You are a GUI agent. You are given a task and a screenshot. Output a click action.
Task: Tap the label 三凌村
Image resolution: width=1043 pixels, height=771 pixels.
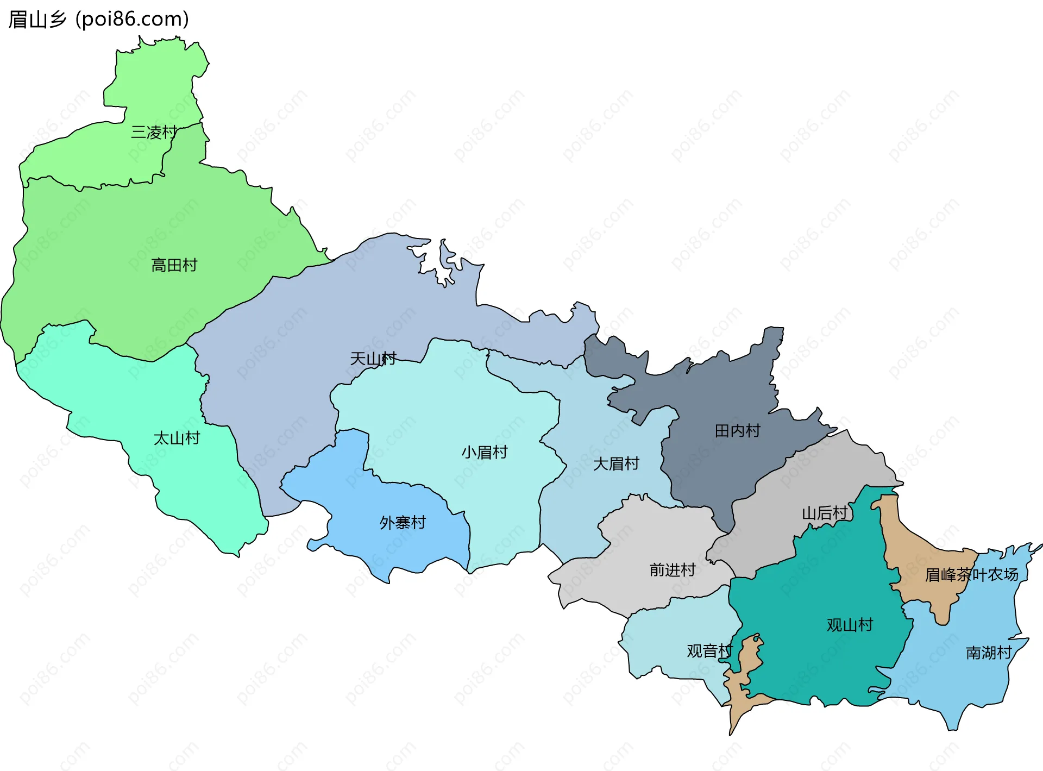click(x=154, y=132)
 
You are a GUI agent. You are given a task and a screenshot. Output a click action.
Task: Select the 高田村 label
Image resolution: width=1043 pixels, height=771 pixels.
click(x=174, y=265)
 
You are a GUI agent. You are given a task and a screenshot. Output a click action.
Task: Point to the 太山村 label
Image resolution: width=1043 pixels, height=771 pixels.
click(x=177, y=438)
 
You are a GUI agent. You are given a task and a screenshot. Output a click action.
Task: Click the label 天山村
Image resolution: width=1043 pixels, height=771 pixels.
click(x=373, y=359)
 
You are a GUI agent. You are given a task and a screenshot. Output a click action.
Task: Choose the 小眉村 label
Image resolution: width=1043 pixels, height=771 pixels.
click(x=484, y=452)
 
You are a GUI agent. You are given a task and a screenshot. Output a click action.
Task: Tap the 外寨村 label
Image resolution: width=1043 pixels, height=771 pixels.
click(x=403, y=523)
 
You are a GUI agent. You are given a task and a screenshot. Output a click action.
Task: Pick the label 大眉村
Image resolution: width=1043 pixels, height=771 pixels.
click(x=616, y=463)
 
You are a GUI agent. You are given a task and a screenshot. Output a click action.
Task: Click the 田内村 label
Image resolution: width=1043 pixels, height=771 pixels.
click(x=737, y=431)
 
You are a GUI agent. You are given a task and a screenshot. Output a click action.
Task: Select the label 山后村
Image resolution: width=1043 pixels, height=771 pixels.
click(x=824, y=513)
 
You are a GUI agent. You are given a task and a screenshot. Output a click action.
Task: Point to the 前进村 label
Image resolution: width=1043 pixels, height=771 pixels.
click(x=672, y=570)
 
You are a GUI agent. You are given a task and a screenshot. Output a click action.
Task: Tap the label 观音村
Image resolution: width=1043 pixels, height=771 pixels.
click(x=709, y=650)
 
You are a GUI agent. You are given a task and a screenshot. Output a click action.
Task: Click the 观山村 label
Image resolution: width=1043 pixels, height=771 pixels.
click(x=849, y=625)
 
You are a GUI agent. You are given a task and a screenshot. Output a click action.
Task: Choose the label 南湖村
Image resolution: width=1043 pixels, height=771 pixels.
click(x=988, y=653)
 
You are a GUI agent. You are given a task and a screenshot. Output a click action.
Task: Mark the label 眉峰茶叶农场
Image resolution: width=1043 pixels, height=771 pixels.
click(x=971, y=575)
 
